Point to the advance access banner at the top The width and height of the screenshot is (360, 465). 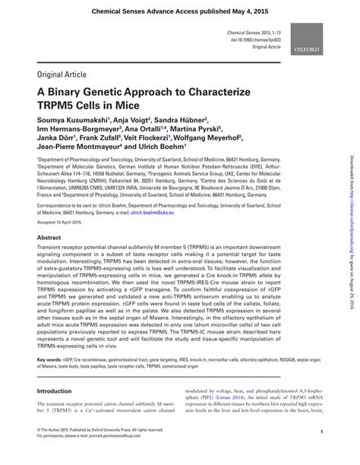(180, 12)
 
